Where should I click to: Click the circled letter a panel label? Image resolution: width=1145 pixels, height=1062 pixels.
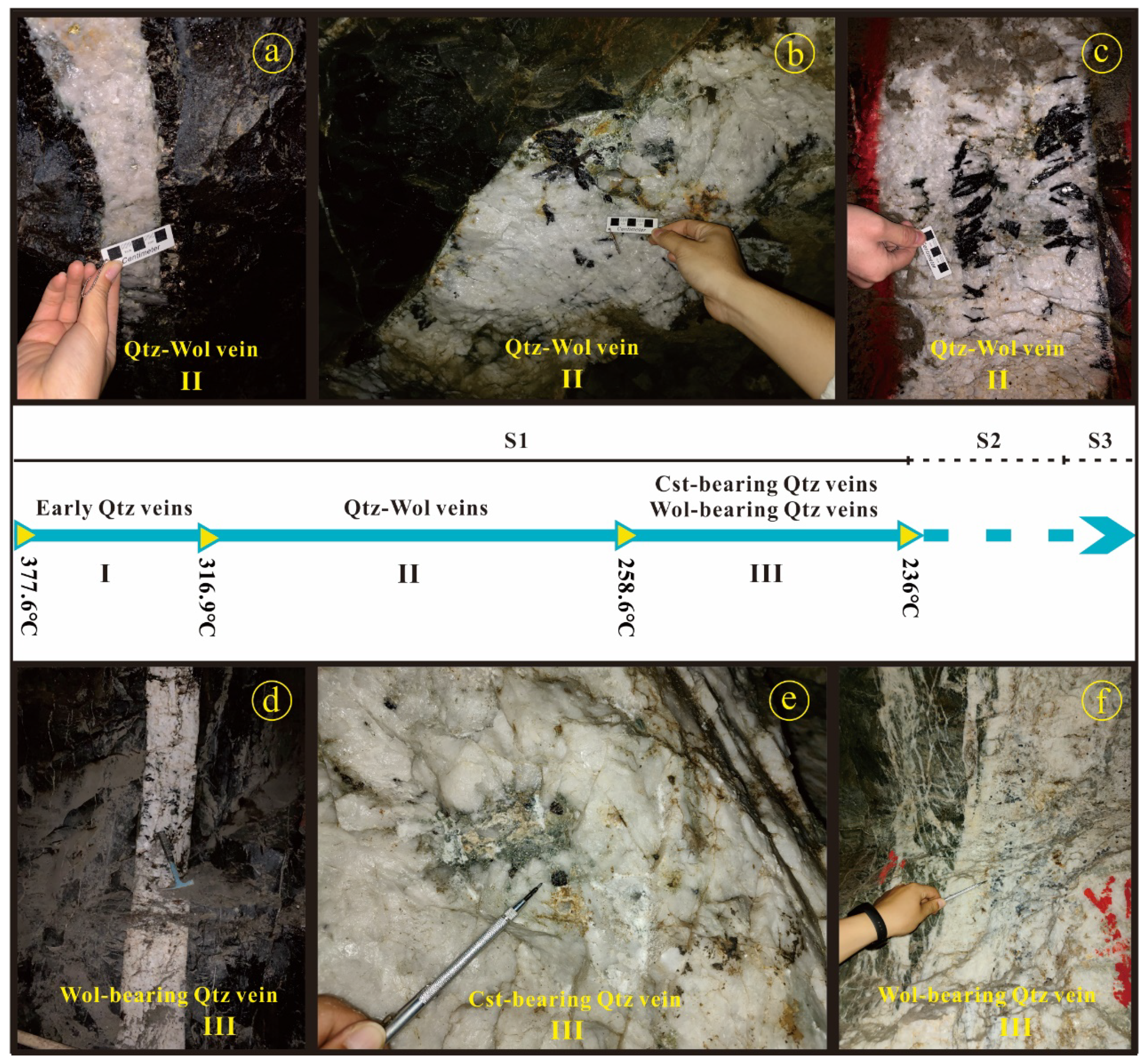click(272, 52)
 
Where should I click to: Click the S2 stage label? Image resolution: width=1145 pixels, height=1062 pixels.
click(988, 440)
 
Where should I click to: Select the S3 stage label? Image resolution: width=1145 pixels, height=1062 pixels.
click(1100, 440)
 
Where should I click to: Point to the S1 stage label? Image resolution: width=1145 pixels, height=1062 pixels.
click(516, 440)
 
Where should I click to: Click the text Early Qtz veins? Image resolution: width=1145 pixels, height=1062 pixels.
click(114, 508)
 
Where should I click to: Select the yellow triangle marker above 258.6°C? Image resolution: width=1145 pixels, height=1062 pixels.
click(624, 536)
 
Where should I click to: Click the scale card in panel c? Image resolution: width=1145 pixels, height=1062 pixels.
click(936, 253)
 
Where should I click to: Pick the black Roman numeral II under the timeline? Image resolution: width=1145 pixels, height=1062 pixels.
click(408, 574)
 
